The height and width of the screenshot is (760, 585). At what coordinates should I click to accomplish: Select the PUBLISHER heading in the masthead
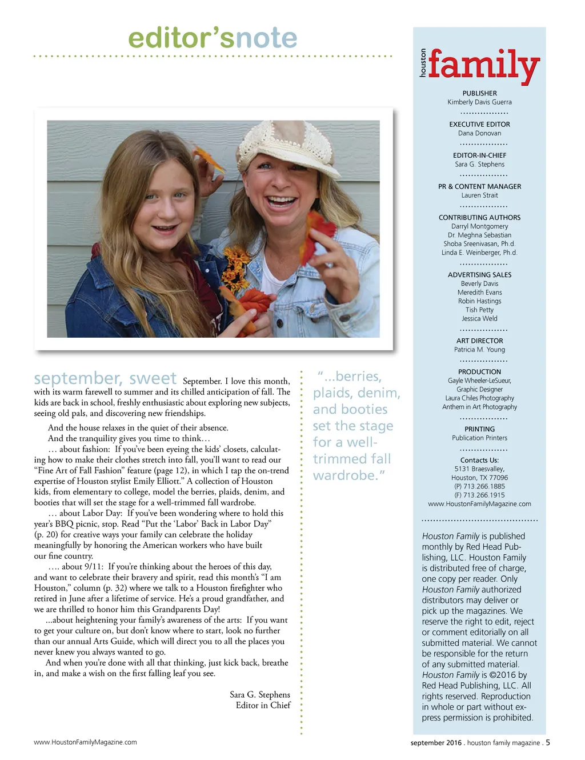(x=479, y=93)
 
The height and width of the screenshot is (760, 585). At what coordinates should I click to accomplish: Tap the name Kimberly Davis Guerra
(x=479, y=102)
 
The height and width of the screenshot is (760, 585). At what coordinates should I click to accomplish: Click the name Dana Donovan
(x=479, y=133)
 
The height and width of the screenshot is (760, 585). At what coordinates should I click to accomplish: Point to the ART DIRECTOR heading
(x=479, y=341)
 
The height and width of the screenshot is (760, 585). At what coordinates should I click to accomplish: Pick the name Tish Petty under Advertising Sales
(x=479, y=310)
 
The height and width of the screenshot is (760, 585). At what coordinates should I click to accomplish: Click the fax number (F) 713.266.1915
(x=479, y=495)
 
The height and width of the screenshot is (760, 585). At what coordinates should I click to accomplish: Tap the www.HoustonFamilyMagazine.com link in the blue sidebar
(x=479, y=504)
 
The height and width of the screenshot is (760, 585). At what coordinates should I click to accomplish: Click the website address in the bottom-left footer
(x=85, y=742)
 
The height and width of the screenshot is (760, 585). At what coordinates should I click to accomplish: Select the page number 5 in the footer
(x=548, y=742)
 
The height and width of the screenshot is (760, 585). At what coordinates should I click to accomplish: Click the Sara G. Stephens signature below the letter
(x=259, y=695)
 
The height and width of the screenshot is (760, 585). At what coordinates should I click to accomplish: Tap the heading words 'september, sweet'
(x=105, y=378)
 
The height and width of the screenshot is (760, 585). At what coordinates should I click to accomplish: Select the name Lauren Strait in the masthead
(x=479, y=195)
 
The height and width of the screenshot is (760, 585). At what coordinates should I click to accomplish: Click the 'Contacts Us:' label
(x=479, y=460)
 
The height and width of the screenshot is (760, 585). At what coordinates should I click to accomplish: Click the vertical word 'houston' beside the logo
(x=423, y=63)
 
